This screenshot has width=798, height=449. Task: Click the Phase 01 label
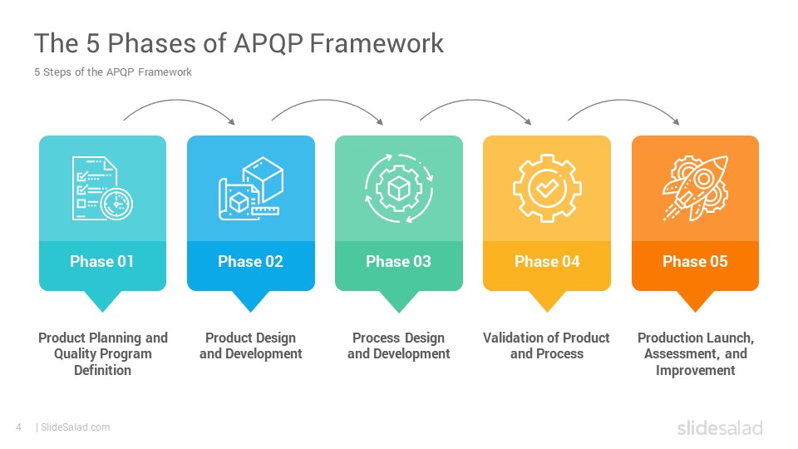pyautogui.click(x=101, y=261)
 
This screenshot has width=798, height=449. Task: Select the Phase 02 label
pyautogui.click(x=250, y=261)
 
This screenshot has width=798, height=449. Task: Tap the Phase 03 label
pyautogui.click(x=398, y=261)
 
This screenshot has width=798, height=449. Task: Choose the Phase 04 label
pyautogui.click(x=547, y=261)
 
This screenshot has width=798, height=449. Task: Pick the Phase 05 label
pyautogui.click(x=695, y=261)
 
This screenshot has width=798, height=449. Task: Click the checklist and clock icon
pyautogui.click(x=102, y=189)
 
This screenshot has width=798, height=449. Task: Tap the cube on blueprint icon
pyautogui.click(x=250, y=189)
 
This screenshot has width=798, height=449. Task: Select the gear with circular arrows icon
pyautogui.click(x=399, y=189)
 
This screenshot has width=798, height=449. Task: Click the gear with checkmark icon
pyautogui.click(x=547, y=189)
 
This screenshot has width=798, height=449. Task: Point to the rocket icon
pyautogui.click(x=695, y=189)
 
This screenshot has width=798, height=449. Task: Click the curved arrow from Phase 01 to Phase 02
pyautogui.click(x=178, y=101)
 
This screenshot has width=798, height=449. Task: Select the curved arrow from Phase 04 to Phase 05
pyautogui.click(x=623, y=101)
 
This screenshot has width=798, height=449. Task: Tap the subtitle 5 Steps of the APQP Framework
pyautogui.click(x=113, y=72)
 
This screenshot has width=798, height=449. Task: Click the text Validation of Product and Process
pyautogui.click(x=547, y=346)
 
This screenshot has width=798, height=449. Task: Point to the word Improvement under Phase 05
pyautogui.click(x=695, y=370)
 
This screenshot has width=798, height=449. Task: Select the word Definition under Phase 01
pyautogui.click(x=103, y=370)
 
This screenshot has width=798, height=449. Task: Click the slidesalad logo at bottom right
pyautogui.click(x=720, y=427)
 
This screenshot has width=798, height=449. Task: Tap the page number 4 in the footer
pyautogui.click(x=19, y=427)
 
